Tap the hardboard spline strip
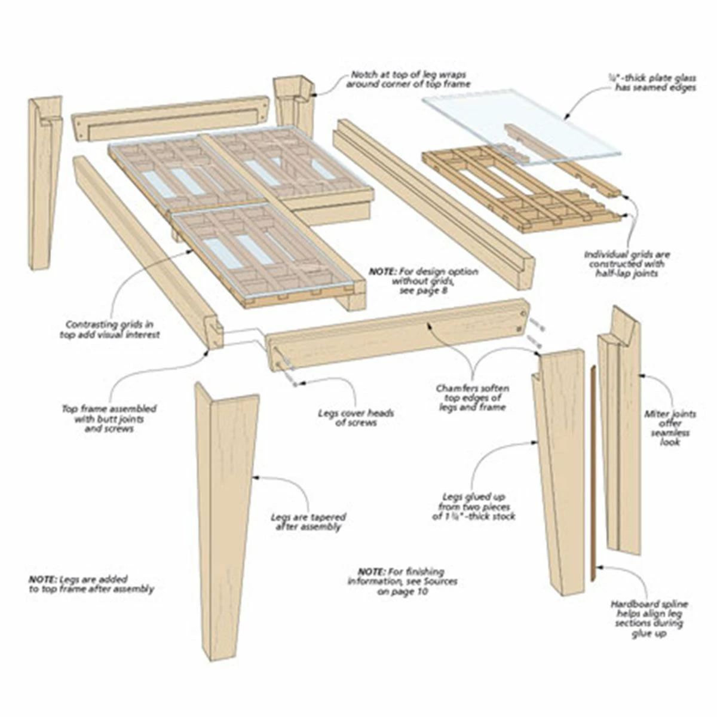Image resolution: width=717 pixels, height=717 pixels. pyautogui.click(x=592, y=472)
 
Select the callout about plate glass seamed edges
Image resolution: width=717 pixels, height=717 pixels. pyautogui.click(x=652, y=82)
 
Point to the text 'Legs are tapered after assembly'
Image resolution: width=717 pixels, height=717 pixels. pyautogui.click(x=308, y=522)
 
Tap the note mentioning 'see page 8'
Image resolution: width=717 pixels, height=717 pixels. pyautogui.click(x=424, y=281)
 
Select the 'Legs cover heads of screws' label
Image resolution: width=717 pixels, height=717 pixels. pyautogui.click(x=356, y=418)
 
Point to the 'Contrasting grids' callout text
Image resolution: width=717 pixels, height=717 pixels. pyautogui.click(x=109, y=330)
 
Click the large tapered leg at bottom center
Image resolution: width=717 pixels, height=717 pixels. pyautogui.click(x=226, y=514)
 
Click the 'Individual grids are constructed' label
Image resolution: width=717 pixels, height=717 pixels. pyautogui.click(x=627, y=263)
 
